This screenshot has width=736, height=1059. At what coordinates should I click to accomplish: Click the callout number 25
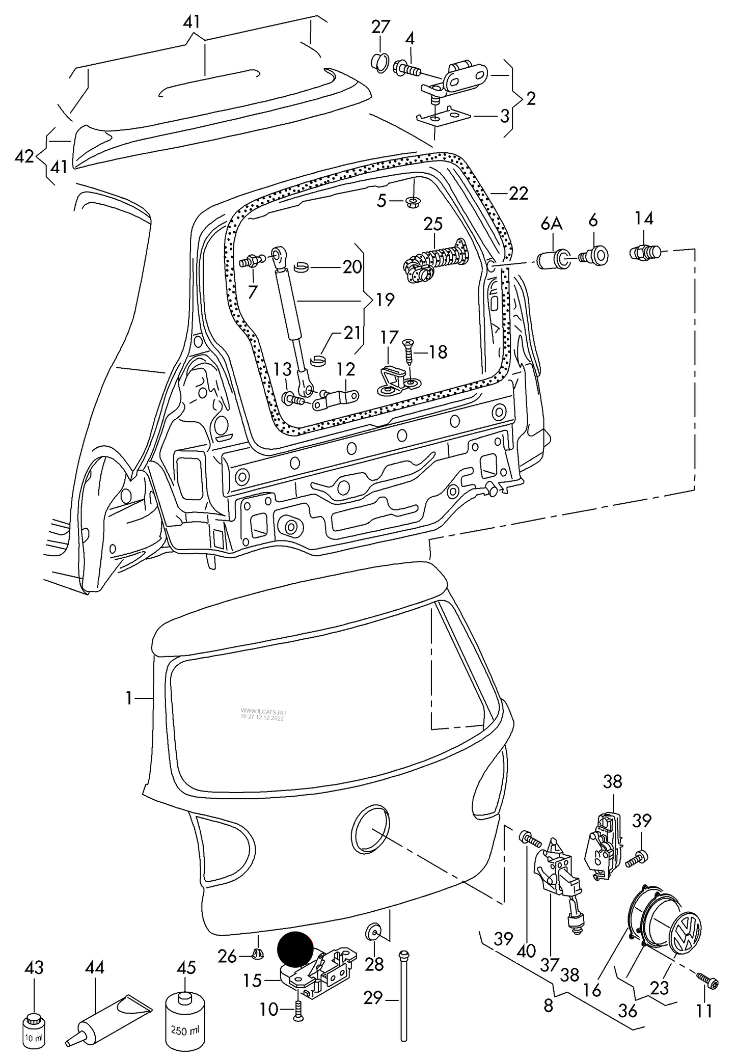(x=433, y=225)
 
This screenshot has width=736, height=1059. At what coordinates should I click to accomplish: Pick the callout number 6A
(x=551, y=223)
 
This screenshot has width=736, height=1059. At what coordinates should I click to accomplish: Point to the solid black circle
(x=295, y=949)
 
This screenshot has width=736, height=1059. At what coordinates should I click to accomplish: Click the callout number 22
(x=518, y=194)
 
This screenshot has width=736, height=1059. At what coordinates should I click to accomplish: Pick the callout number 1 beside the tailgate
(x=129, y=698)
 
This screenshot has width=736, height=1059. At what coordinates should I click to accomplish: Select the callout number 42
(x=24, y=156)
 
